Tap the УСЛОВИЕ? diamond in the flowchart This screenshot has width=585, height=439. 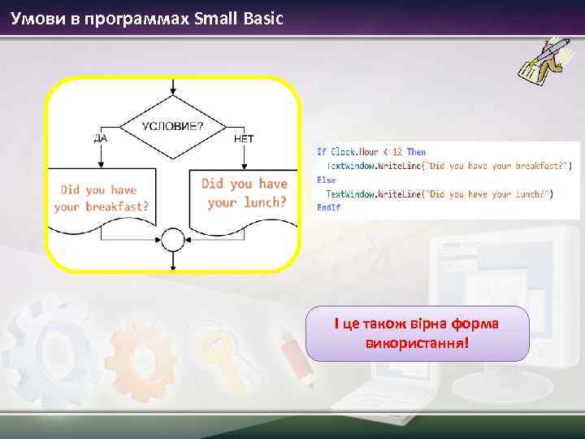(173, 127)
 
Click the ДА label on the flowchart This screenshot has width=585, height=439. (100, 138)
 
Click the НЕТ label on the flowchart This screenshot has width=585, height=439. (244, 138)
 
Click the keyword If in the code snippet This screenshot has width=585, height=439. (322, 152)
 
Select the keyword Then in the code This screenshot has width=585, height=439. (416, 152)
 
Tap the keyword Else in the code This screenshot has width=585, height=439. (326, 180)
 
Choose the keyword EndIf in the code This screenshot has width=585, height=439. (328, 207)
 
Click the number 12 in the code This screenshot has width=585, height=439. (397, 152)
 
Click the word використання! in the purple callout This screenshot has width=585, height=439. (417, 342)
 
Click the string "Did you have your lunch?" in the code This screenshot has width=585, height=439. (489, 193)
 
